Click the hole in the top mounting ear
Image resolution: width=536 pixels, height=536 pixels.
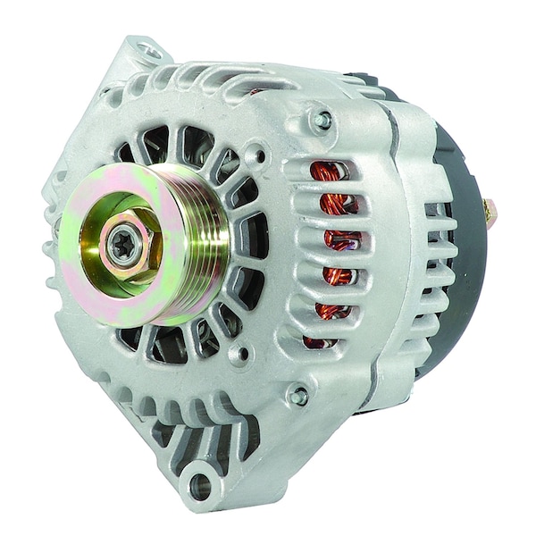point(148,51)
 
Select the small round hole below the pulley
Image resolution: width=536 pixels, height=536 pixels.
point(239,354)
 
